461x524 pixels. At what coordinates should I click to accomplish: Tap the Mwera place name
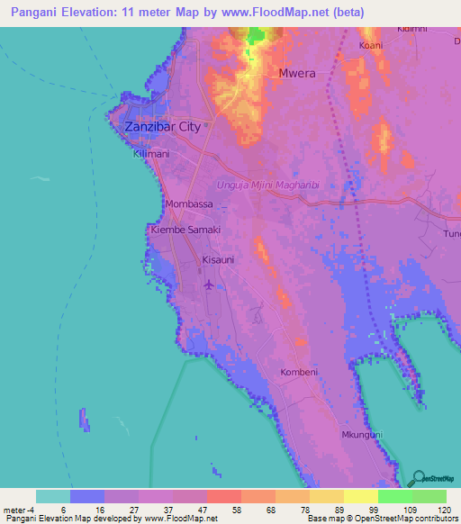click(x=297, y=73)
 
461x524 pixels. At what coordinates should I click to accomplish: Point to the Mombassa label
click(x=189, y=204)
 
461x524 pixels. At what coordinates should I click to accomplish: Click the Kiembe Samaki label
click(x=185, y=230)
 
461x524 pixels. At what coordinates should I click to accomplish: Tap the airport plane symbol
click(x=210, y=285)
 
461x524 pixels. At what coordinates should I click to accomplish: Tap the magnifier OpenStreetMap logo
click(x=416, y=478)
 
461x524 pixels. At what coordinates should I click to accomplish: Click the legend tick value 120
click(x=443, y=510)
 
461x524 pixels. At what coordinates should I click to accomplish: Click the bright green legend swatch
click(x=394, y=496)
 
